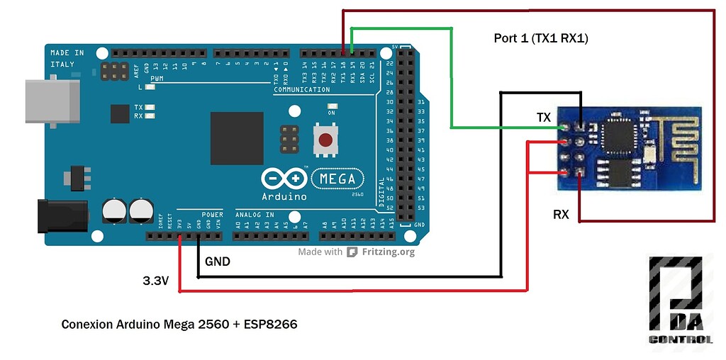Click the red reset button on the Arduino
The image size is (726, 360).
click(325, 140)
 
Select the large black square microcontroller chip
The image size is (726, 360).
click(238, 138)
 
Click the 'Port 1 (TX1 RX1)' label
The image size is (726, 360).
click(541, 38)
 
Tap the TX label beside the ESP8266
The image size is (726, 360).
click(543, 117)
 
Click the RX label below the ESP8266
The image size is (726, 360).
click(561, 213)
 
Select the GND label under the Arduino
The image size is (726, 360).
click(217, 261)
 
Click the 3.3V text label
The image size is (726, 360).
click(156, 281)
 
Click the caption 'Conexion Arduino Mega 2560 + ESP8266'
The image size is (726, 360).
click(179, 325)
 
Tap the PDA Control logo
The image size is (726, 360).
click(681, 303)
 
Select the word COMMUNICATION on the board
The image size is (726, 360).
click(302, 90)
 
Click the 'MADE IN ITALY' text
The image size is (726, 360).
click(67, 58)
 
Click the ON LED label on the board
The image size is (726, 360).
click(331, 113)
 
